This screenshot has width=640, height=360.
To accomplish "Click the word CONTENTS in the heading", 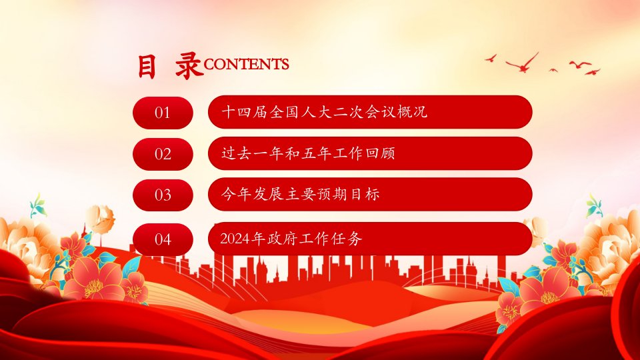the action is click(246, 64).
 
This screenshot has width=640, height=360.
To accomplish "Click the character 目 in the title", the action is click(147, 66).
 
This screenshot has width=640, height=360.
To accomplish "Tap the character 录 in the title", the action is click(189, 65).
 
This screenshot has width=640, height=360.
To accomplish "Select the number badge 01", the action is click(163, 113).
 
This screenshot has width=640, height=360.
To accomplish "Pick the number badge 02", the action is click(163, 154).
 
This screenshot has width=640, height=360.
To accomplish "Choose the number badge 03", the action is click(163, 195).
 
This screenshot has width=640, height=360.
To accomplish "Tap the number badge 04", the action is click(163, 239).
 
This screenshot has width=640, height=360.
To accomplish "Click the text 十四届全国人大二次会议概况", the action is click(324, 112).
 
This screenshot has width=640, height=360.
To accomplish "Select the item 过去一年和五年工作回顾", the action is click(308, 153).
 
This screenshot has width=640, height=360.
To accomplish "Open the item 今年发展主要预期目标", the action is click(301, 194).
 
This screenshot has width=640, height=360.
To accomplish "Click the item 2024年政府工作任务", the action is click(291, 239).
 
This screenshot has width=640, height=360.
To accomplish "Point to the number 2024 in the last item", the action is click(235, 239).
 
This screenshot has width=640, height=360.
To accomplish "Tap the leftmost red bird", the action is click(491, 59).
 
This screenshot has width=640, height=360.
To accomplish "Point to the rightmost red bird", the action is click(593, 72).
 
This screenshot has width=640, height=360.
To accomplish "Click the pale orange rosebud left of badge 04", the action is click(101, 219).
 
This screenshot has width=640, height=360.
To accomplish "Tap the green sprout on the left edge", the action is click(38, 206).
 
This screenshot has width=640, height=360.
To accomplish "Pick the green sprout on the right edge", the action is click(594, 206).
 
